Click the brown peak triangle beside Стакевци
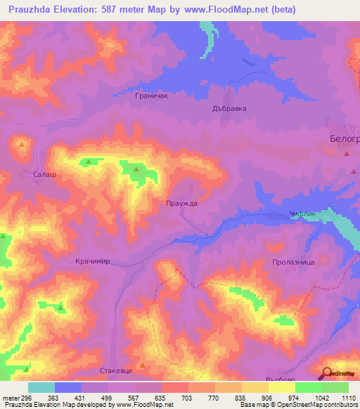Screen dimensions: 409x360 pos(143,365)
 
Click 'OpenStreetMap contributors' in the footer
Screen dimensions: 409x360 pos(312,405)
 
